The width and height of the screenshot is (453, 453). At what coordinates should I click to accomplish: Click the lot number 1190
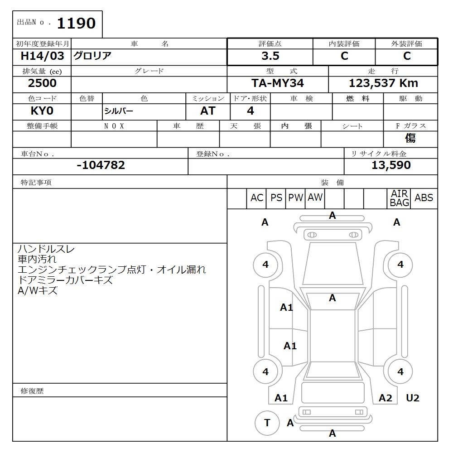[76, 24]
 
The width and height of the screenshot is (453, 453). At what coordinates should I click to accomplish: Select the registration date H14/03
[43, 56]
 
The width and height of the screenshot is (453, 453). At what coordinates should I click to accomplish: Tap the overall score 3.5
[270, 56]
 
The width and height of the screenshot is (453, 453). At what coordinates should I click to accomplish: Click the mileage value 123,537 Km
[383, 83]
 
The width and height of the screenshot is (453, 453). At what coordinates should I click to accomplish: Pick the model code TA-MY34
[278, 83]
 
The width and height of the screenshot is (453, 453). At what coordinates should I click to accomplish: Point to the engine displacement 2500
[42, 83]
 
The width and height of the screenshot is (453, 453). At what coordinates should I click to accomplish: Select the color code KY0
[43, 111]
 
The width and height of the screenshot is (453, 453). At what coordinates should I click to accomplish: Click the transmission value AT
[208, 111]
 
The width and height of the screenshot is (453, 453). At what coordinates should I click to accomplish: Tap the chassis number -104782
[101, 165]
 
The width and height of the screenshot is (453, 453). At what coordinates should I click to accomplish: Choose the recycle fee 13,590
[391, 165]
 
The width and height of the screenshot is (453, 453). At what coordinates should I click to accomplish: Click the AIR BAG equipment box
[400, 198]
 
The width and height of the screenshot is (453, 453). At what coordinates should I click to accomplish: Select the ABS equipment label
[424, 198]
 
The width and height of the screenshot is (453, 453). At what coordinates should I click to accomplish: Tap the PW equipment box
[296, 198]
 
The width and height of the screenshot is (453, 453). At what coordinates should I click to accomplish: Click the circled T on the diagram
[267, 423]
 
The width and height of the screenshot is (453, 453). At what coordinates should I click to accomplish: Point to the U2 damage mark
[412, 398]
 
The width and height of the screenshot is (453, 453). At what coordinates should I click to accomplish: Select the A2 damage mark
[385, 398]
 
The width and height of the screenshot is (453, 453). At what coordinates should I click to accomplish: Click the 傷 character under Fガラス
[410, 138]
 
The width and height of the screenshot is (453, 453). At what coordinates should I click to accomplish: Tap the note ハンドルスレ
[46, 249]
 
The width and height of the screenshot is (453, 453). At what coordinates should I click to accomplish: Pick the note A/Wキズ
[38, 291]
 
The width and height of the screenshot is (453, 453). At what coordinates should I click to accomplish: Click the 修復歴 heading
[32, 391]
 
